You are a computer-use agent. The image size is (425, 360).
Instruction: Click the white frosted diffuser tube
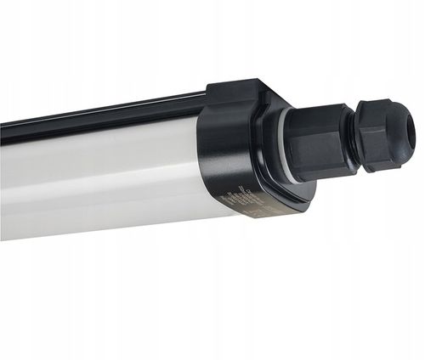(102, 174)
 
